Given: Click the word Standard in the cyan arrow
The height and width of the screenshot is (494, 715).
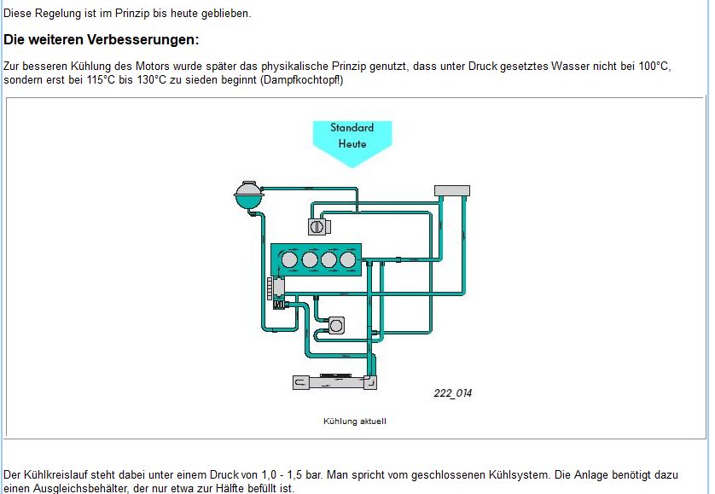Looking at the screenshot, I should (x=352, y=128).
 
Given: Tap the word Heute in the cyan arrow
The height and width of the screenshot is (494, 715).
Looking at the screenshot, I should (x=352, y=144).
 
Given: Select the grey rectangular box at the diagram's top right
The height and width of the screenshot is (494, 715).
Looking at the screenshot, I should (x=452, y=190).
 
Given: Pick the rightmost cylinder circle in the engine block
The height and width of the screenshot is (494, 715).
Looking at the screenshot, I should (x=347, y=259).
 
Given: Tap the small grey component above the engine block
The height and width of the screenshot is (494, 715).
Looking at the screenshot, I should (x=318, y=227).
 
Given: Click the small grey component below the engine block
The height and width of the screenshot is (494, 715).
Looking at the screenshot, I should (x=336, y=325).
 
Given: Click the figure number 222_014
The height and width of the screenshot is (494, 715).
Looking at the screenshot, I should (x=452, y=393).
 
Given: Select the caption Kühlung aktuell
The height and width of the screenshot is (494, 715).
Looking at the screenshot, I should (x=355, y=421).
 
